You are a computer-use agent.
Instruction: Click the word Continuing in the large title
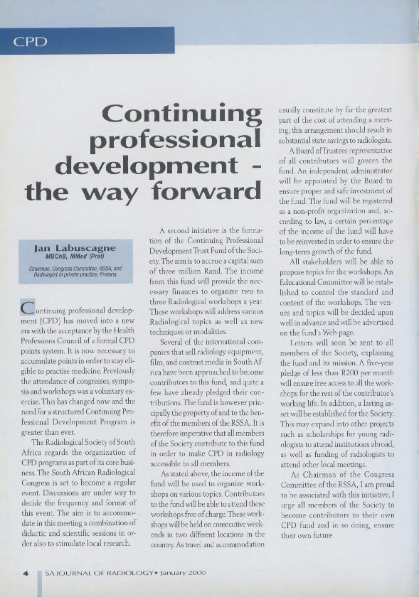click(x=181, y=113)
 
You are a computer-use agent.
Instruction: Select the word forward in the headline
click(x=203, y=192)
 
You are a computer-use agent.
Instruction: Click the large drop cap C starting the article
click(x=28, y=308)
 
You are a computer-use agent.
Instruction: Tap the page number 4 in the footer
click(x=26, y=572)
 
